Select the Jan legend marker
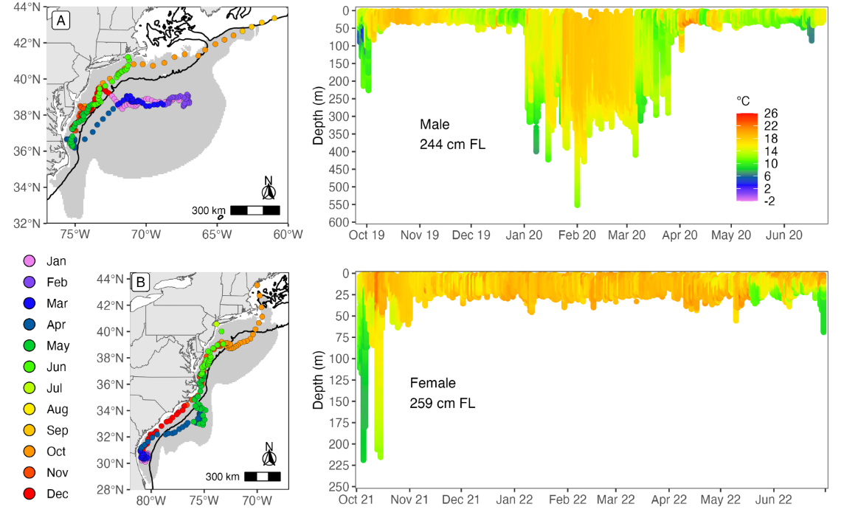pyautogui.click(x=30, y=260)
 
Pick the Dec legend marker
pyautogui.click(x=30, y=494)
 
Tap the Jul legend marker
pyautogui.click(x=30, y=388)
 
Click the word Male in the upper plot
pyautogui.click(x=435, y=124)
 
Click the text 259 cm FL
pyautogui.click(x=443, y=404)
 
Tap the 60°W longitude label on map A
pyautogui.click(x=288, y=235)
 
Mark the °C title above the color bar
pyautogui.click(x=743, y=101)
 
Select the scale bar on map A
pyautogui.click(x=255, y=210)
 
